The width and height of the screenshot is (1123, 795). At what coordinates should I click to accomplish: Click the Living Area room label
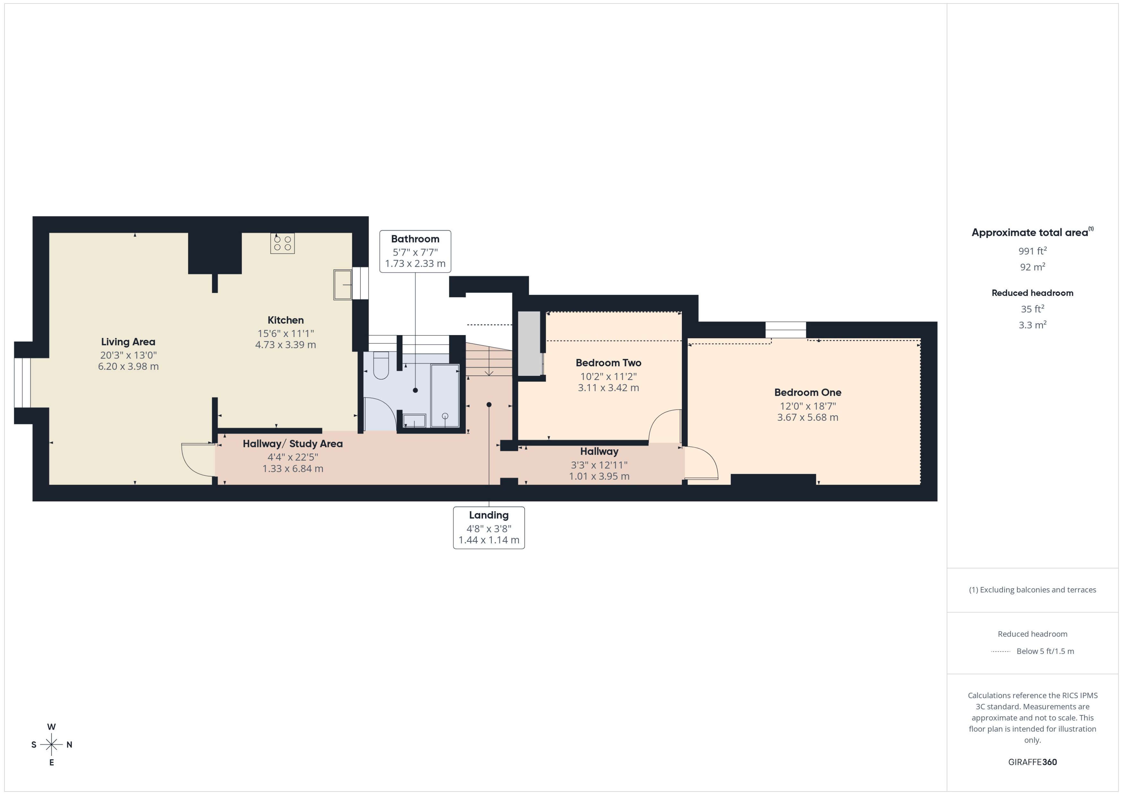click(128, 342)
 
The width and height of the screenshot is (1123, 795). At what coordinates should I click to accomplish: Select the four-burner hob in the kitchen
click(282, 243)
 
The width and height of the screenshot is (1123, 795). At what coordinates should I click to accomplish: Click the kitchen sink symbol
click(343, 284)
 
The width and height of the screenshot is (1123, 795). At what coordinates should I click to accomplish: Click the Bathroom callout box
click(415, 251)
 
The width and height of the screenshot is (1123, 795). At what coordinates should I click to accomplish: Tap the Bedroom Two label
click(608, 363)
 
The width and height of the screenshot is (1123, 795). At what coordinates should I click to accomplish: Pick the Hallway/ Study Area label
click(293, 444)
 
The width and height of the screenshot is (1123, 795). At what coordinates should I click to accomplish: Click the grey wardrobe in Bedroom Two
click(529, 344)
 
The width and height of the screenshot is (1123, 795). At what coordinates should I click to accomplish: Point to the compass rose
click(51, 745)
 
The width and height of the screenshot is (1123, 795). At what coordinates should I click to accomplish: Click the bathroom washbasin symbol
click(414, 420)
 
